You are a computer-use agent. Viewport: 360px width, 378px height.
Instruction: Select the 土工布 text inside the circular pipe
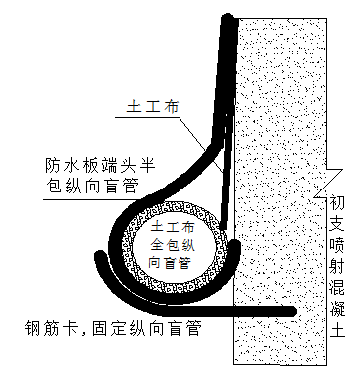[x=176, y=227]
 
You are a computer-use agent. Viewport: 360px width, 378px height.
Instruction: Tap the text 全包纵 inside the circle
[x=176, y=244]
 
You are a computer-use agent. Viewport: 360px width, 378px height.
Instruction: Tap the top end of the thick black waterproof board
[x=231, y=17]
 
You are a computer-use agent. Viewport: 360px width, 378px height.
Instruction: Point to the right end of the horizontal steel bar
[x=294, y=313]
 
